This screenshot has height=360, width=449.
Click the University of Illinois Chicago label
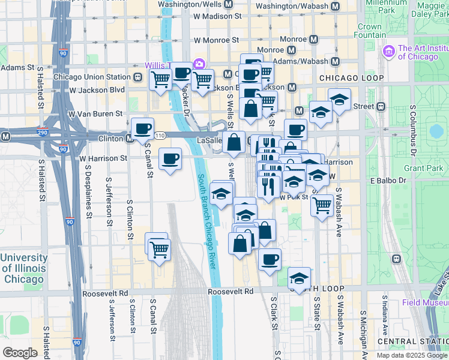(x=24, y=268)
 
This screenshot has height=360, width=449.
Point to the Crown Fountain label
(x=369, y=31)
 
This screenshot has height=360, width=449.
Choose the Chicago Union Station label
(x=92, y=77)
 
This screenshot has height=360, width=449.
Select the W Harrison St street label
(x=103, y=158)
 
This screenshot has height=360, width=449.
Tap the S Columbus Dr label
(x=413, y=130)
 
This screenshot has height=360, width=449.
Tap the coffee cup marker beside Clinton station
(x=142, y=128)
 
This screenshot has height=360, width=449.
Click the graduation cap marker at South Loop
(x=299, y=278)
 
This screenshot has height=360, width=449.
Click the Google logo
(x=20, y=352)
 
